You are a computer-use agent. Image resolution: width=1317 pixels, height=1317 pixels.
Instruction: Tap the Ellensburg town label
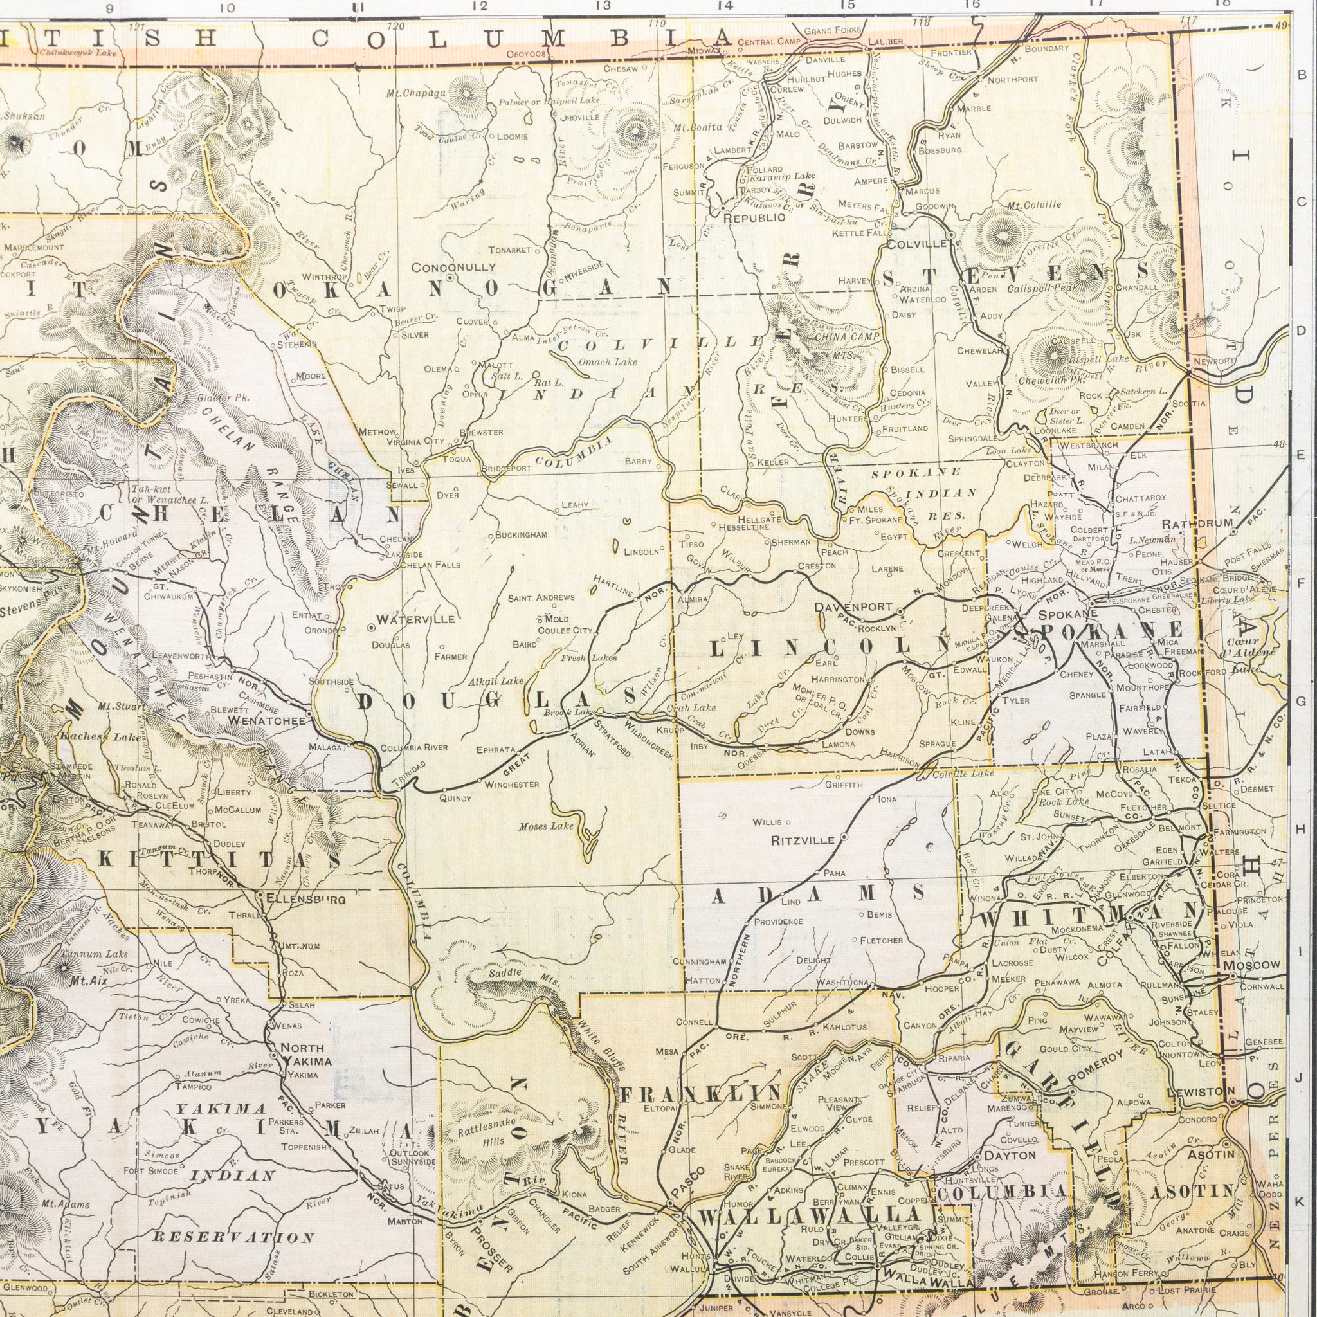pos(306,899)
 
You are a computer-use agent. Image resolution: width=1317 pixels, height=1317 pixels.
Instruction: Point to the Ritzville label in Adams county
pos(803,840)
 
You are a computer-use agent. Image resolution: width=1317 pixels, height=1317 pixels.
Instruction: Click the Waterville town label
pos(415,620)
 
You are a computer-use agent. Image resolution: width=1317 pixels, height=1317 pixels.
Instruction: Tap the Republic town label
pos(754,218)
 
